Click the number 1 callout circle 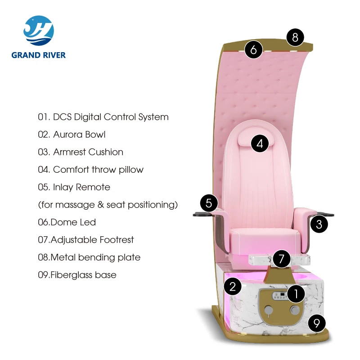[296, 294]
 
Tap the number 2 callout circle [232, 286]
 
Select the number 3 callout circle [319, 224]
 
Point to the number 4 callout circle [260, 144]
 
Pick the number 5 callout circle [209, 203]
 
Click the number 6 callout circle [254, 49]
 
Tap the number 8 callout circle [295, 37]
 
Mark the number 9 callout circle [317, 322]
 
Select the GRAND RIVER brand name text [39, 55]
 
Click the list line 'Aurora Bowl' [72, 135]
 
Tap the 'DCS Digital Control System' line [103, 117]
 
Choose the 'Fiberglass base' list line [77, 275]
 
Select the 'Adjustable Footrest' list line [85, 240]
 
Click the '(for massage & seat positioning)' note [108, 205]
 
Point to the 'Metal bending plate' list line [89, 257]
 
